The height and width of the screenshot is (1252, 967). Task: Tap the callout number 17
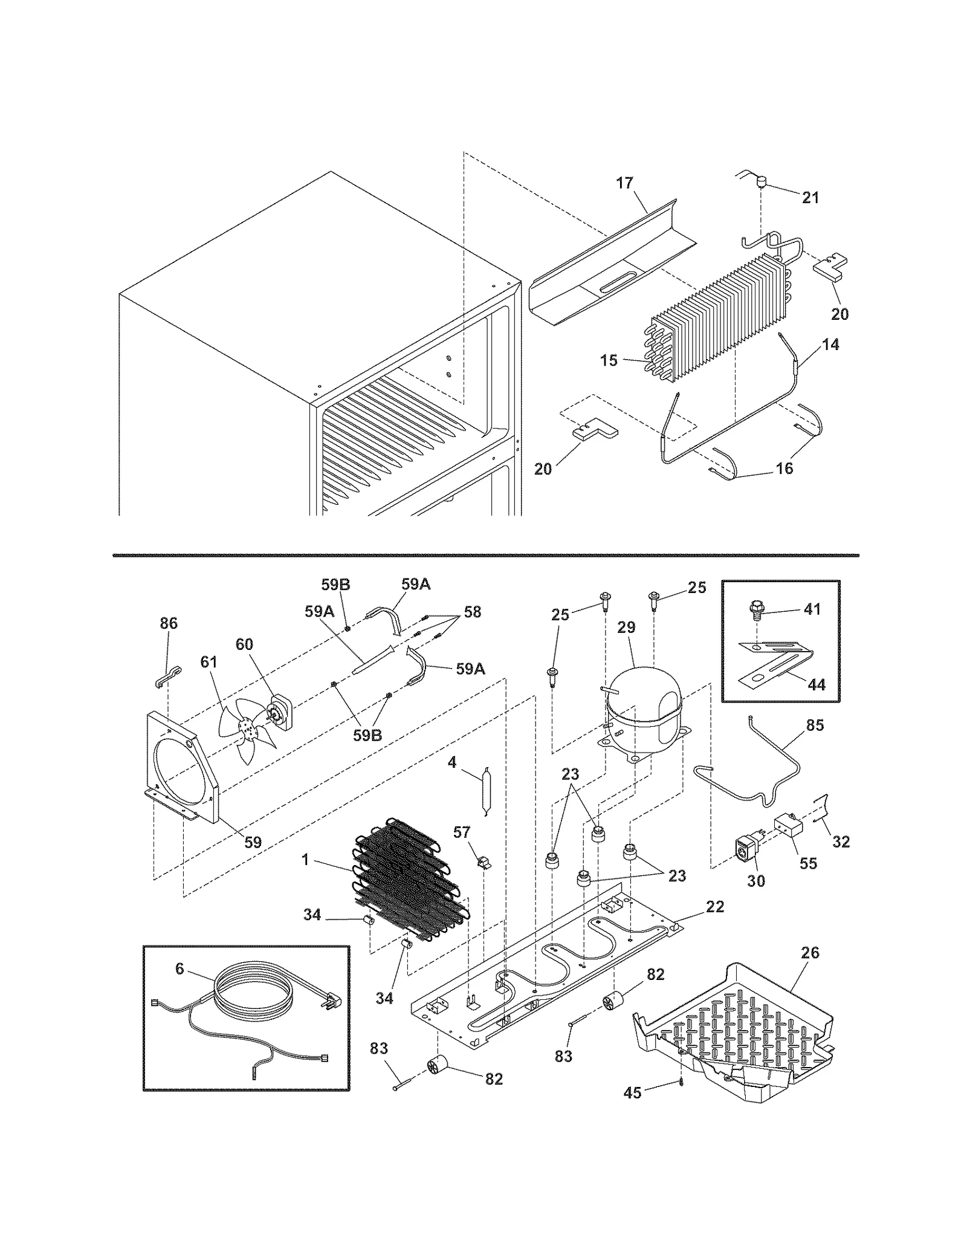pos(624,183)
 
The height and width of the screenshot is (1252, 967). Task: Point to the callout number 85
pos(815,725)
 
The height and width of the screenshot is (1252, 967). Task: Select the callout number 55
pos(808,863)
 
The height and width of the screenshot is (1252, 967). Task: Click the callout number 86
pos(169,623)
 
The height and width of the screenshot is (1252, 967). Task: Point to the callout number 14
pos(831,345)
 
